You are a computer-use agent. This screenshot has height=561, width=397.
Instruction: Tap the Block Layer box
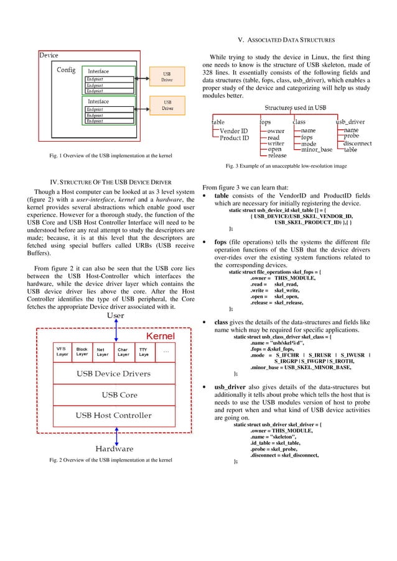[82, 352]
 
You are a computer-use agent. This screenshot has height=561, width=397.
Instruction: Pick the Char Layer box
[123, 352]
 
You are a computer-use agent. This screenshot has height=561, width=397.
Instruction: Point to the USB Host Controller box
[114, 415]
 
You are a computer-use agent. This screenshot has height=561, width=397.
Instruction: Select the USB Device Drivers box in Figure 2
[113, 373]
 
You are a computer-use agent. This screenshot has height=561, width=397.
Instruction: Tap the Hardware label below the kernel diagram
[114, 448]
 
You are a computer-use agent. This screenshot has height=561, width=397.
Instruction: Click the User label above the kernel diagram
[115, 316]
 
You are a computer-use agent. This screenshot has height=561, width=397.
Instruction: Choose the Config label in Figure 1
[67, 70]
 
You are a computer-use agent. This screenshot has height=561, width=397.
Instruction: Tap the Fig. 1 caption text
[111, 154]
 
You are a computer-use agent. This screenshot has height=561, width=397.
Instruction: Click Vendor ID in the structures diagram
[234, 131]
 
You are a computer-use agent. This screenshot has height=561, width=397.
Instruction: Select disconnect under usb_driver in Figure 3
[357, 144]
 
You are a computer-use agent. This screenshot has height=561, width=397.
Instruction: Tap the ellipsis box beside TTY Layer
[166, 352]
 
